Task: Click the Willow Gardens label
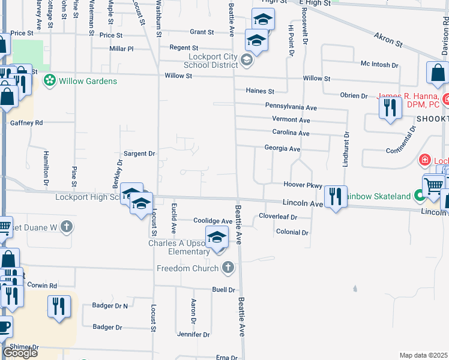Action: tap(88, 81)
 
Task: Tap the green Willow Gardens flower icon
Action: tap(49, 80)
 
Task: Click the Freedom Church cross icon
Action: tap(228, 268)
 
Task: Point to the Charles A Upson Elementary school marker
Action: tap(217, 237)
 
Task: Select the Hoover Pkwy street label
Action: tap(303, 185)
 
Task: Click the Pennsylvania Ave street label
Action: tap(291, 107)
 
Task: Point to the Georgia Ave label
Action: tap(282, 148)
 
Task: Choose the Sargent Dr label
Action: tap(139, 154)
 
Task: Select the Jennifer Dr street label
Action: tap(193, 334)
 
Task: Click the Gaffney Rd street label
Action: tap(26, 122)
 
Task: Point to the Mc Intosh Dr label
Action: tap(379, 64)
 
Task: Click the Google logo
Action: tap(20, 353)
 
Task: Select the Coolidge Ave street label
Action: tap(212, 221)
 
